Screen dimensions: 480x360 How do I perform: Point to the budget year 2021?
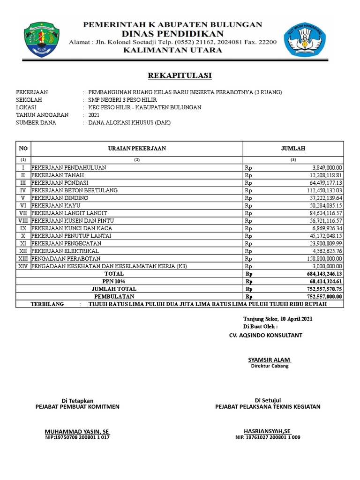[94, 115]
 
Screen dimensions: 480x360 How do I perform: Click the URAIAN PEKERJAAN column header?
[137, 149]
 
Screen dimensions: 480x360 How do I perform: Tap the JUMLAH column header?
[293, 149]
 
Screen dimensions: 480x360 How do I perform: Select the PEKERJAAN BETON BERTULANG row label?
[75, 190]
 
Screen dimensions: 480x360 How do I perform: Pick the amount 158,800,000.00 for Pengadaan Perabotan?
[322, 259]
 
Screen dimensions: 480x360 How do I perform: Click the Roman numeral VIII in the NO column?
[23, 220]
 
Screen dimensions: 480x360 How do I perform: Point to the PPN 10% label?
[114, 281]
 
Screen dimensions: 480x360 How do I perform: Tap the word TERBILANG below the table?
[47, 304]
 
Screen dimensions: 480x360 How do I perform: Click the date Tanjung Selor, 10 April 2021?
[277, 319]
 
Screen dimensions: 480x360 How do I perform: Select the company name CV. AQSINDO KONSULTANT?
[265, 335]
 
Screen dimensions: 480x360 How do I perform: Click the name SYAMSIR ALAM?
[270, 360]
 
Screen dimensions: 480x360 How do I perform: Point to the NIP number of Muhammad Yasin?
[77, 437]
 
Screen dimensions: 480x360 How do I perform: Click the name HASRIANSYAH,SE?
[267, 431]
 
